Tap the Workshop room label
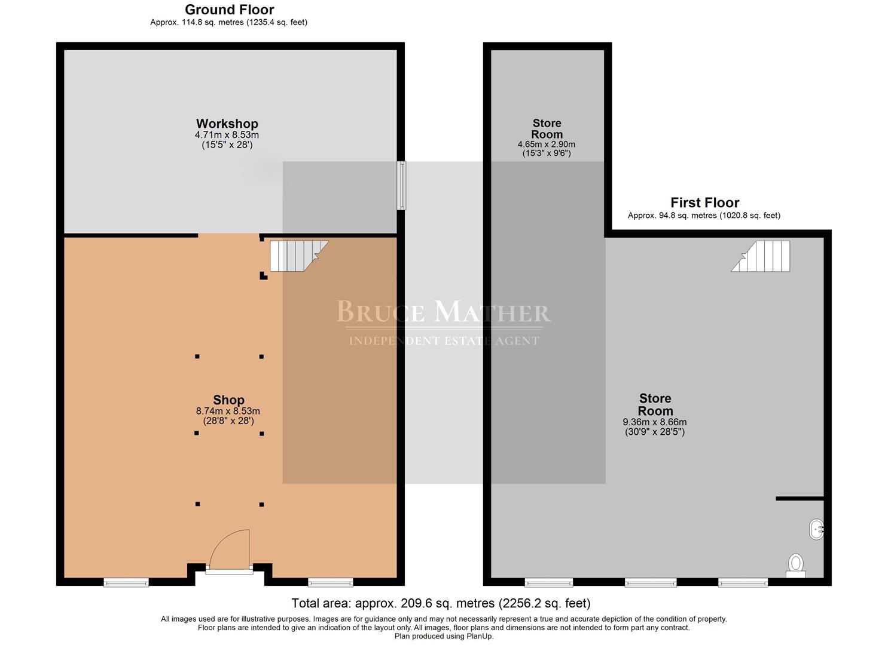tap(227, 124)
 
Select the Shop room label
tap(229, 400)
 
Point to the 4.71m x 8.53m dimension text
tap(227, 135)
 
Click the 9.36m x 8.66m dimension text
tap(655, 422)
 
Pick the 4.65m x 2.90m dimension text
tap(547, 145)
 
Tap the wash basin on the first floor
tap(817, 529)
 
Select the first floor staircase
tap(761, 256)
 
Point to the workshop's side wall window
tap(402, 185)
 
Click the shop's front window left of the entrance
tap(126, 582)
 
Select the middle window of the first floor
tap(651, 582)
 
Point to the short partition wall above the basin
tap(800, 499)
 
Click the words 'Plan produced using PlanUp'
tap(444, 636)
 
